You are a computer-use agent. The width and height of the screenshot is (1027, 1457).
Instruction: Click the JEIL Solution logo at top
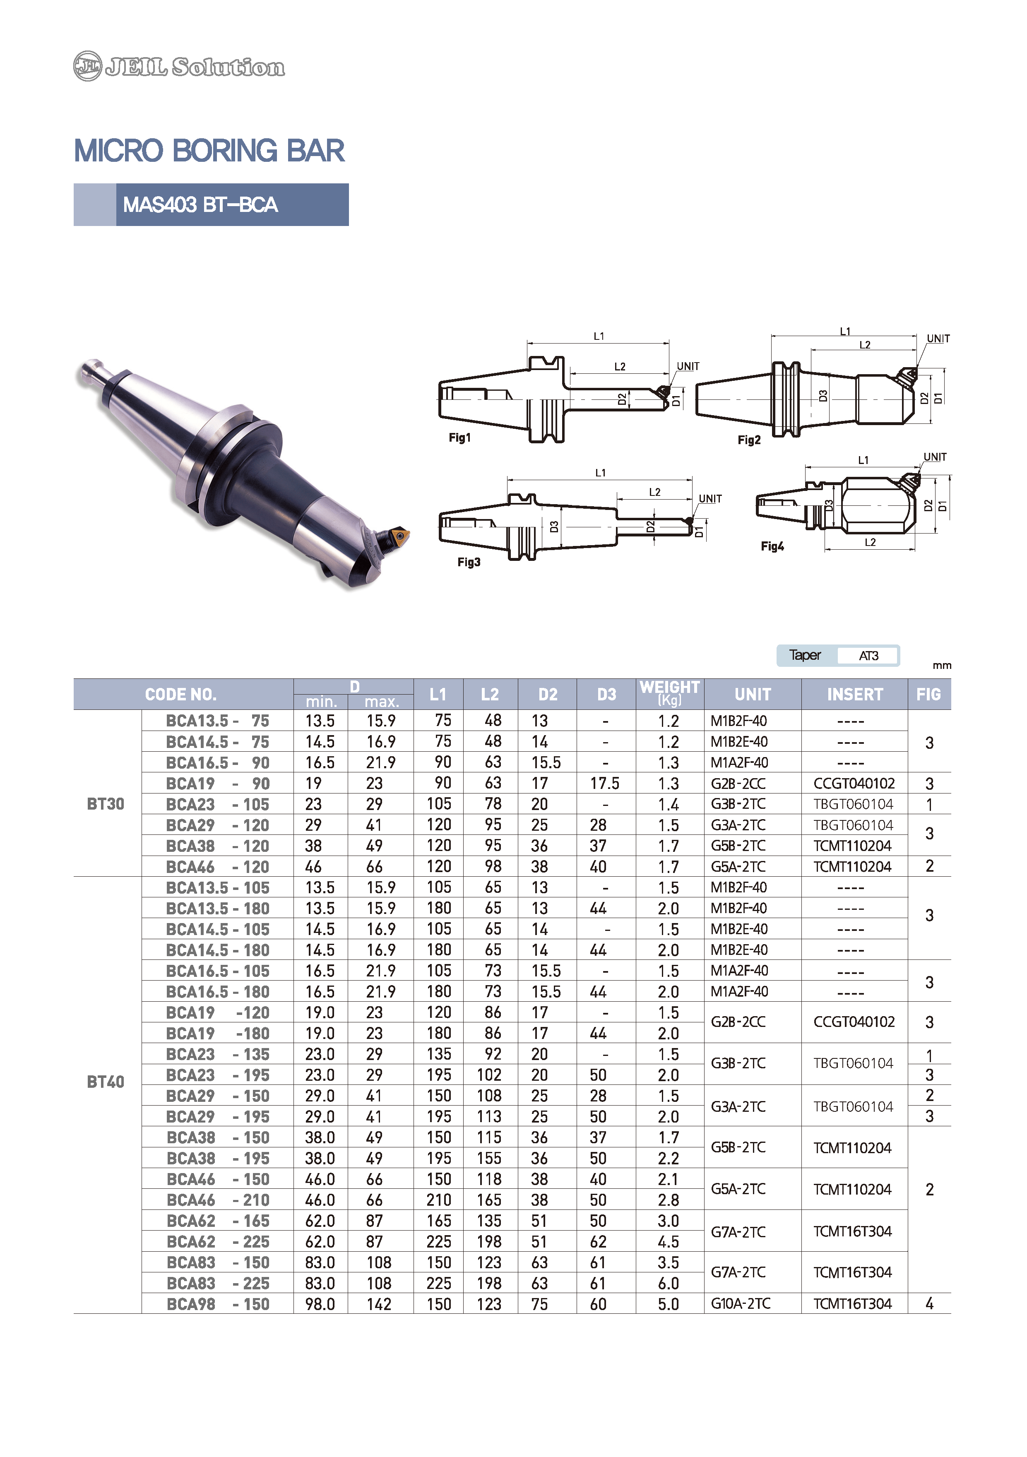coord(179,66)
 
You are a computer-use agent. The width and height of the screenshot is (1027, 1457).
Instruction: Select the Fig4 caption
coord(772,546)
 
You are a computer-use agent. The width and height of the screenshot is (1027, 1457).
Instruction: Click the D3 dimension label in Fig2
coord(823,395)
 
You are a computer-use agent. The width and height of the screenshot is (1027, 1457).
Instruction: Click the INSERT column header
coord(854,694)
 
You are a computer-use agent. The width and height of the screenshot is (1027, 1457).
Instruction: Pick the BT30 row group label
coord(106,804)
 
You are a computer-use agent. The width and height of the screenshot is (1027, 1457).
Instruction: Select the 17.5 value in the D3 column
coord(604,783)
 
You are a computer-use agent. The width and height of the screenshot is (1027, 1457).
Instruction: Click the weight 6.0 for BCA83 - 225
coord(669,1283)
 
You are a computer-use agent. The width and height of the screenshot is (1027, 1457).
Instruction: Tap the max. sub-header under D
coord(382,702)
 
